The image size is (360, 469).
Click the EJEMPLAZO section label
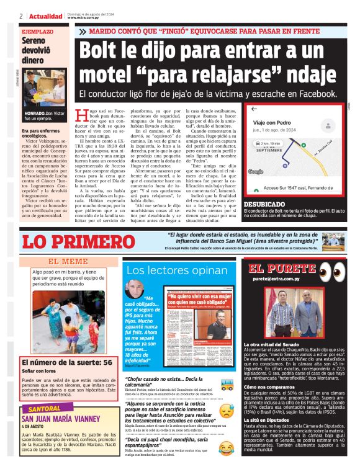pyautogui.click(x=37, y=30)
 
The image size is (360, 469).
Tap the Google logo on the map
pyautogui.click(x=255, y=171)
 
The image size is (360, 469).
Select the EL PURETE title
pyautogui.click(x=276, y=269)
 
